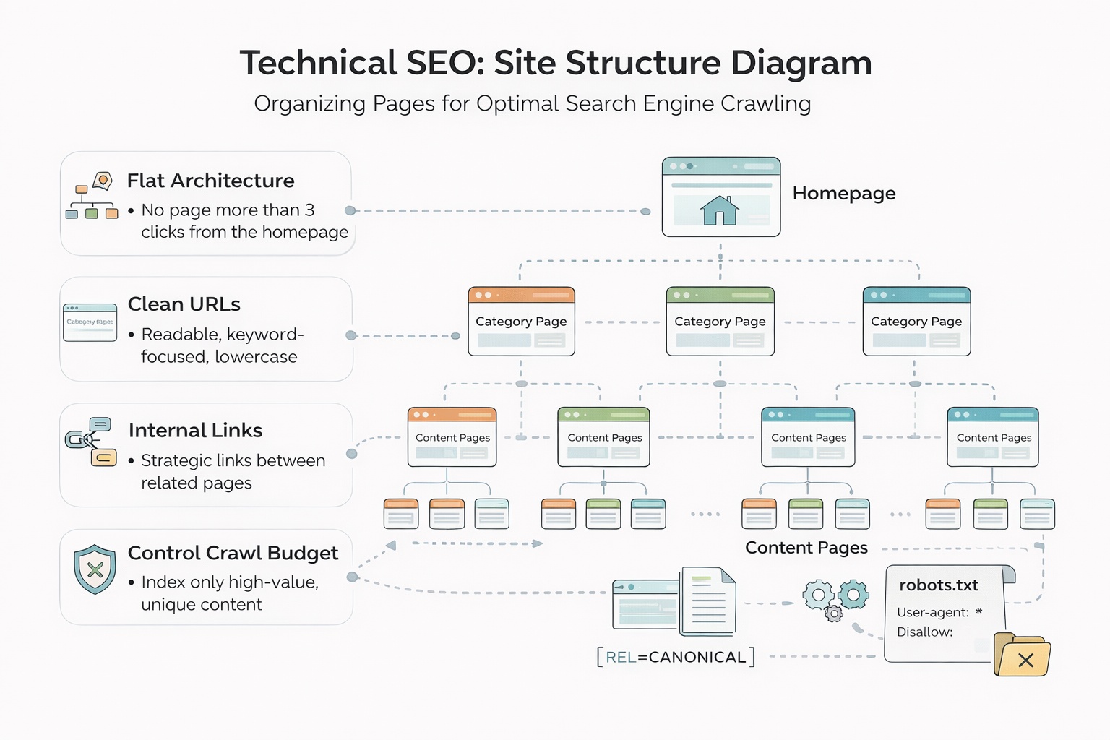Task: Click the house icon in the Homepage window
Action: point(720,210)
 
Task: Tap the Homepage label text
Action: point(843,193)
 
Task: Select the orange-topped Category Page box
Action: point(521,322)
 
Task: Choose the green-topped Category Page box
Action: point(720,322)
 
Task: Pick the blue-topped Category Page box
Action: point(916,322)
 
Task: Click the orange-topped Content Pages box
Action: point(452,437)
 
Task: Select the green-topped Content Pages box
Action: point(604,437)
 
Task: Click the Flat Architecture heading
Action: point(210,181)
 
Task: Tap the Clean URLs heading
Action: point(184,304)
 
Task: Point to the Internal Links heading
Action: point(195,431)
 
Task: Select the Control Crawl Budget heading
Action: point(233,553)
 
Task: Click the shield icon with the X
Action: point(95,569)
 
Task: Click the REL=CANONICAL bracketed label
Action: point(676,657)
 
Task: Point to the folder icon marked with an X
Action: point(1022,655)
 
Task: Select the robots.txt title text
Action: point(938,585)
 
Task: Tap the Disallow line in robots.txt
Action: point(924,632)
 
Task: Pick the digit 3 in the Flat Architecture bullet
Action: point(309,210)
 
